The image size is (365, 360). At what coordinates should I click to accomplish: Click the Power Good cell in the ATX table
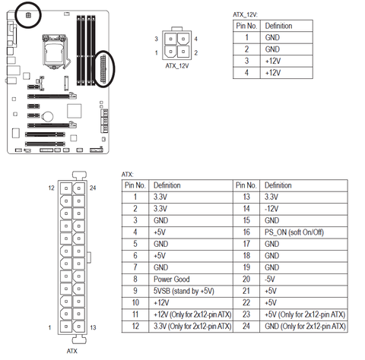coord(171,279)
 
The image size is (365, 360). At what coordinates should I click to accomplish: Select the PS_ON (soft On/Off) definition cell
coord(294,232)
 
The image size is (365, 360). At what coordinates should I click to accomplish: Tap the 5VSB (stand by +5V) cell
coord(184,291)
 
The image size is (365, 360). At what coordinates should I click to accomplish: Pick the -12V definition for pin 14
coord(271,209)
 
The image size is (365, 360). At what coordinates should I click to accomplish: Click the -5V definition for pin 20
coord(270,279)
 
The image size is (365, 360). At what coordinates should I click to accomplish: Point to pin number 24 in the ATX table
coord(246,326)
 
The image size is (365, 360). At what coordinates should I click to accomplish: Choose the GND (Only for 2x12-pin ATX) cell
coord(305,326)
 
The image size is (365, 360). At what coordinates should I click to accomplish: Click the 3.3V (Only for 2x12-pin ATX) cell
coord(192,326)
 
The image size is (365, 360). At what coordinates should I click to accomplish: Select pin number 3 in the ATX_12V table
coord(246,61)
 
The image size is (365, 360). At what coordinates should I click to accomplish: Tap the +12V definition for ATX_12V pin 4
coord(273,73)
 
